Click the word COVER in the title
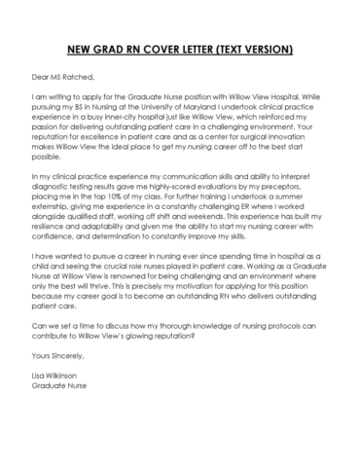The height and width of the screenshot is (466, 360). (161, 48)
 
